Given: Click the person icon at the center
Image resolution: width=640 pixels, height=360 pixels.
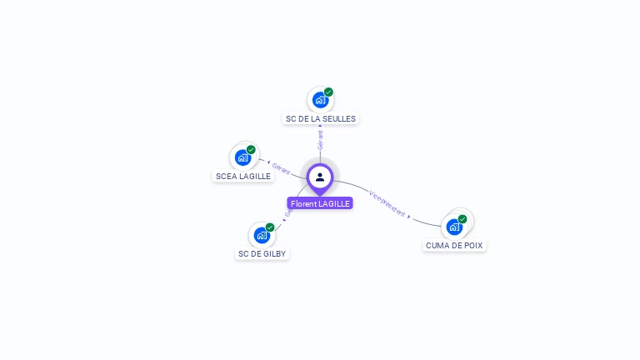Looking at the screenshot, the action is click(x=320, y=177).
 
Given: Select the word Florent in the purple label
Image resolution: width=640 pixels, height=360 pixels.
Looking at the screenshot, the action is click(x=303, y=203).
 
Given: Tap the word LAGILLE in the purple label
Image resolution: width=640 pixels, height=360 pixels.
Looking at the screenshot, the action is click(x=334, y=203).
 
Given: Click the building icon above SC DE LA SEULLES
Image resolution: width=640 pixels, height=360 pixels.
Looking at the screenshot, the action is click(x=319, y=101).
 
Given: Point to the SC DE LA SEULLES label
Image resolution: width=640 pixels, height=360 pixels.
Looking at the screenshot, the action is click(x=321, y=119).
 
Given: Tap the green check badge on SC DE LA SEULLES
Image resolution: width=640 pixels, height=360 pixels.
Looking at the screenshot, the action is click(x=328, y=92).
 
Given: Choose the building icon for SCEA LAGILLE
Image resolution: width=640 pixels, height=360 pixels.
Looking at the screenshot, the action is click(x=242, y=157).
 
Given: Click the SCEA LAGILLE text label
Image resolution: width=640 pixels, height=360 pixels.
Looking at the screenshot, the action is click(x=243, y=176).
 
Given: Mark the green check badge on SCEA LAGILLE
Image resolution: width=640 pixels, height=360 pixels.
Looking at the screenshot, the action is click(x=251, y=150).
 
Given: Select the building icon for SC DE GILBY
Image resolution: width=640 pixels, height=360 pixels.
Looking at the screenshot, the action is click(x=262, y=235).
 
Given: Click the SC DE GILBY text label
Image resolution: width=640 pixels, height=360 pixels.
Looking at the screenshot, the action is click(x=262, y=253).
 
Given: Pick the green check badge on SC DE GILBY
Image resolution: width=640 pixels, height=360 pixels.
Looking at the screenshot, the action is click(x=270, y=227).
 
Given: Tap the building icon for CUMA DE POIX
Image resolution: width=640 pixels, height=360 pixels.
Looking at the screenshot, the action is click(x=454, y=227).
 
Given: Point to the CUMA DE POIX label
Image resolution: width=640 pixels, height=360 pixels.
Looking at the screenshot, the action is click(x=454, y=245).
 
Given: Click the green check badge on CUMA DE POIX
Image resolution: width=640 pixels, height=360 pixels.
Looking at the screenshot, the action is click(x=462, y=219).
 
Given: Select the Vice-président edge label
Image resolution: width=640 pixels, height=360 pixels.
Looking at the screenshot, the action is click(x=387, y=205).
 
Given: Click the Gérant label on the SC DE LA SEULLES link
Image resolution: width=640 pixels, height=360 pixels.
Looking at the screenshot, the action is click(x=320, y=140).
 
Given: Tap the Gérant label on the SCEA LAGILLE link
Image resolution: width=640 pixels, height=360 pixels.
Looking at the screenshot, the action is click(x=281, y=169).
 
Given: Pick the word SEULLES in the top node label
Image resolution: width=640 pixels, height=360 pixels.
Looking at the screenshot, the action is click(x=340, y=119).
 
